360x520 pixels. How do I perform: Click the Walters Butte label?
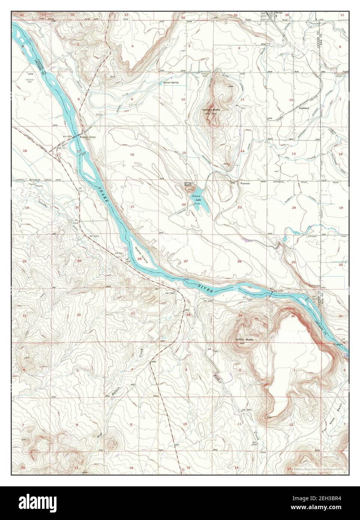click(211, 109)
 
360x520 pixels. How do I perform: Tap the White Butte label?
click(187, 184)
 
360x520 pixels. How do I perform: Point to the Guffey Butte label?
click(244, 339)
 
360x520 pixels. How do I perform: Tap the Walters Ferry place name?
click(88, 137)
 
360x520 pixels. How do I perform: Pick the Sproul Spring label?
click(170, 82)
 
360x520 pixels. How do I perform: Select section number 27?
click(186, 261)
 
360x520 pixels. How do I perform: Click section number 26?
click(240, 261)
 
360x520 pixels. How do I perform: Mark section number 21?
click(132, 207)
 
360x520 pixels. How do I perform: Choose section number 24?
click(294, 207)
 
